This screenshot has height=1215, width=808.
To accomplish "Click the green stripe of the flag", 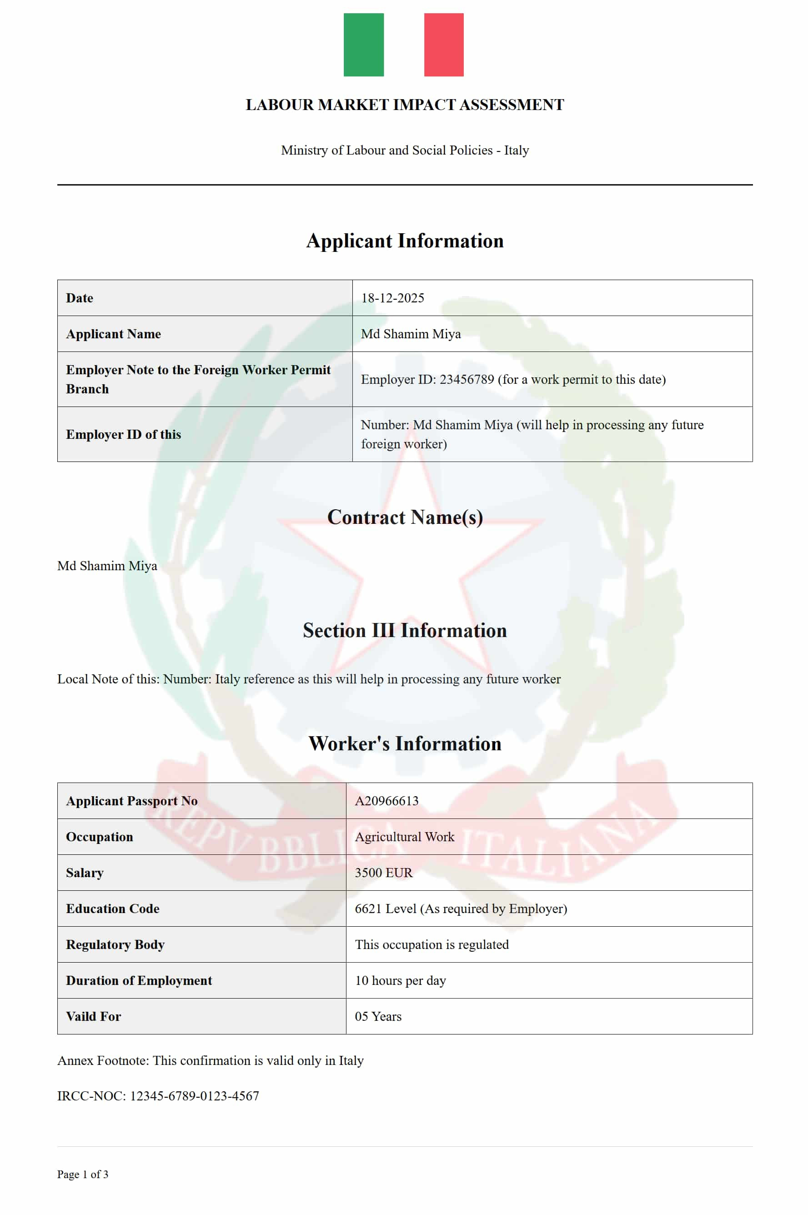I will click(363, 45).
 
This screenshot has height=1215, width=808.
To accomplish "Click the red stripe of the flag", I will click(444, 45).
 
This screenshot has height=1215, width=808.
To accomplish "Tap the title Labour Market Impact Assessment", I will click(405, 105).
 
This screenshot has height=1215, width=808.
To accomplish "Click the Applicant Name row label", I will click(113, 334).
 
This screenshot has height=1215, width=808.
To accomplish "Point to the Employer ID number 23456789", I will click(467, 379).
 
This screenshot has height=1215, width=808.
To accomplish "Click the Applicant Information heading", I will click(405, 241).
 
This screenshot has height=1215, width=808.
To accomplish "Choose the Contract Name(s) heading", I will click(405, 517).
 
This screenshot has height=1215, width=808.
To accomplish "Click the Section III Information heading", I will click(405, 630).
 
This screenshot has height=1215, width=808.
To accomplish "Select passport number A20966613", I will click(386, 801).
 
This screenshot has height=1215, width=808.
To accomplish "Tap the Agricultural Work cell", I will click(405, 837).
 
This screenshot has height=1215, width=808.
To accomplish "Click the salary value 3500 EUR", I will click(383, 873).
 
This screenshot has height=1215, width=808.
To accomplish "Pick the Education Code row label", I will click(112, 909).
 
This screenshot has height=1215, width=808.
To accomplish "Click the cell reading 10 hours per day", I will click(401, 980).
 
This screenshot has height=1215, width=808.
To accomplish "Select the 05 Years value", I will click(378, 1017).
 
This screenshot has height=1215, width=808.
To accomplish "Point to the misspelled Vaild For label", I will click(93, 1017).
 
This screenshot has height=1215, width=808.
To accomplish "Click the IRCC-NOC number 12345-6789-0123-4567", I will click(194, 1096).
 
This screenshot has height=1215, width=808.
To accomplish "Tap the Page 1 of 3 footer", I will click(82, 1174).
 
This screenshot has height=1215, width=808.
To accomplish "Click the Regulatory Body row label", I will click(115, 944).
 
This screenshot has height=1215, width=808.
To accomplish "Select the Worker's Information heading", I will click(405, 743).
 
